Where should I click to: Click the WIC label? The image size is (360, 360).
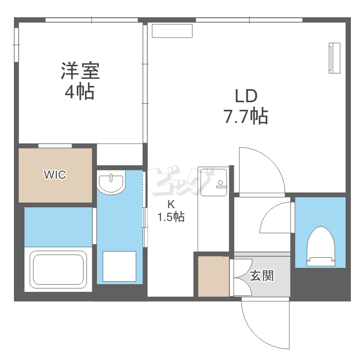(x=55, y=175)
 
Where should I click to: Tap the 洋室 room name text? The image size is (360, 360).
(x=80, y=71)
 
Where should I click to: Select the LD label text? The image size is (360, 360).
(x=246, y=96)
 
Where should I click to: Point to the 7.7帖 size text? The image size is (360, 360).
(x=246, y=116)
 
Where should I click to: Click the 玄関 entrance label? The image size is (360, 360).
(x=262, y=276)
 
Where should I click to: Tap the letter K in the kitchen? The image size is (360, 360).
(x=171, y=204)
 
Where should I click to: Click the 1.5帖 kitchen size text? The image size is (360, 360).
(x=171, y=216)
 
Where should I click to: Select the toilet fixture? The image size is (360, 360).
(x=321, y=246)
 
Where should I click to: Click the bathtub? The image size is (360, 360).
(x=58, y=269)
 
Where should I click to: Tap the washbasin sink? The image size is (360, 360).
(x=111, y=182)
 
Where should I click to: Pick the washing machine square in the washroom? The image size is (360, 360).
(x=120, y=266)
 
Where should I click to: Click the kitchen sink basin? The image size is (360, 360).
(x=214, y=182)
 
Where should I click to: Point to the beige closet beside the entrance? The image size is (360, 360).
(x=214, y=276)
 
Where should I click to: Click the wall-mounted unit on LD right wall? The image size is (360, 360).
(x=334, y=58)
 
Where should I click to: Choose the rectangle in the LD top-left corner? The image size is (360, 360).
(x=172, y=31)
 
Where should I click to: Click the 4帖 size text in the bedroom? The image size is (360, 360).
(x=80, y=92)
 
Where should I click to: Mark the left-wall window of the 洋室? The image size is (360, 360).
(x=16, y=45)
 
